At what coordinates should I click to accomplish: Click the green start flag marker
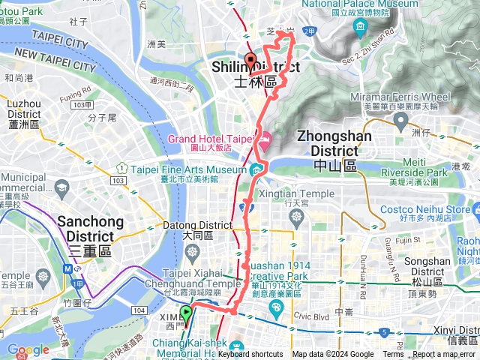(186, 315)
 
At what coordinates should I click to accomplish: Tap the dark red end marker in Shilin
(250, 63)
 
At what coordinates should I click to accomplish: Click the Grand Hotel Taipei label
(212, 139)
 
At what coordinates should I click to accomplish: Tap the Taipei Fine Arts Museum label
(188, 170)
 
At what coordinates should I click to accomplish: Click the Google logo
(28, 349)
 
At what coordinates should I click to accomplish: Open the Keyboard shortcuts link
(250, 355)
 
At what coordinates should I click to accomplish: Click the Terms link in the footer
(393, 355)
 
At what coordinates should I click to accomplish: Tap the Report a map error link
(445, 355)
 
